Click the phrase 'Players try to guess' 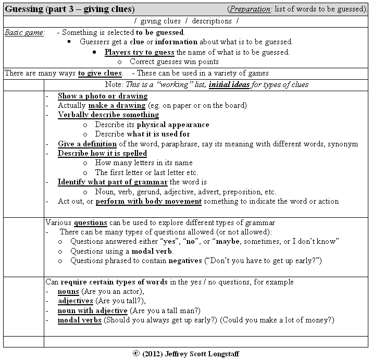(x=140, y=52)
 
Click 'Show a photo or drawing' (x=102, y=96)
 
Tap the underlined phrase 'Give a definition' (x=88, y=144)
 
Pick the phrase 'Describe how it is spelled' (x=102, y=153)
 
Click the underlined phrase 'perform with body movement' (x=148, y=201)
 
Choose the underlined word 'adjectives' (x=76, y=301)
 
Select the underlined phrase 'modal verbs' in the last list (x=79, y=319)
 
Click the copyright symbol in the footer (x=137, y=353)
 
